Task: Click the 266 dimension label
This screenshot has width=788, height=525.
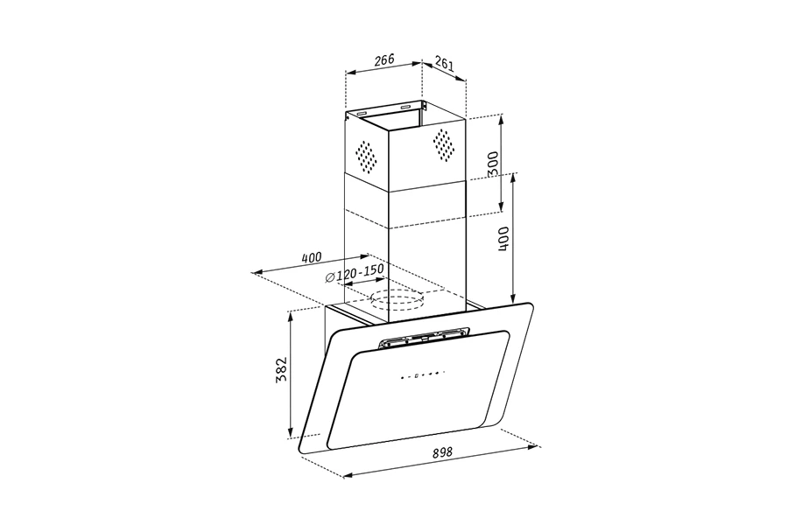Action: tap(384, 59)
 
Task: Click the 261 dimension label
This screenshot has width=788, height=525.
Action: tap(444, 64)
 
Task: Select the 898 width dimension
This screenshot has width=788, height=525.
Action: tap(443, 452)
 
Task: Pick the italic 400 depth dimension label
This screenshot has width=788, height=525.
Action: tap(311, 258)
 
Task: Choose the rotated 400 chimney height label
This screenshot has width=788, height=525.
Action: tap(503, 238)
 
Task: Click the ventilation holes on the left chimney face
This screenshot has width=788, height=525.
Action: tap(366, 155)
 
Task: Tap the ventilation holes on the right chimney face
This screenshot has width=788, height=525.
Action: tap(444, 144)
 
